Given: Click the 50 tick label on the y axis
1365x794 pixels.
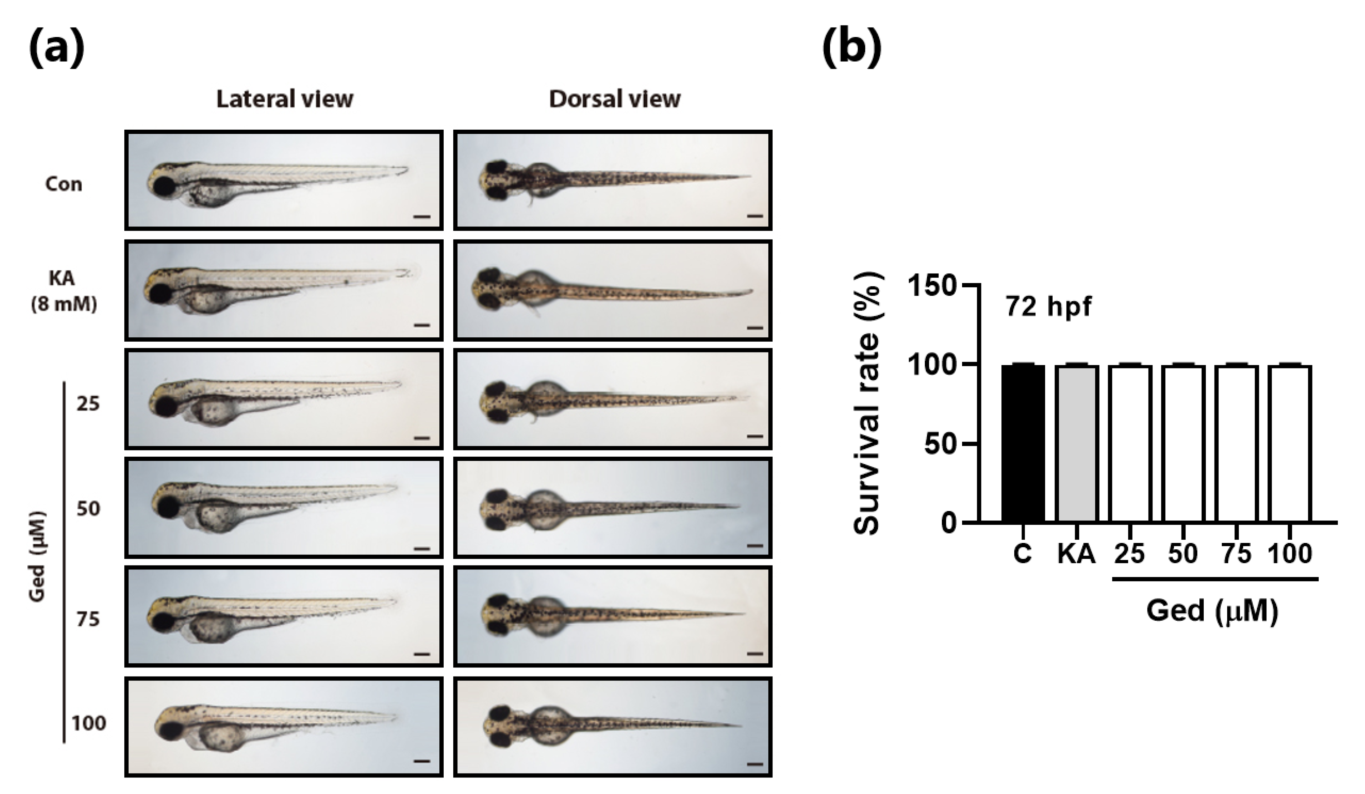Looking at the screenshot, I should pos(942,444).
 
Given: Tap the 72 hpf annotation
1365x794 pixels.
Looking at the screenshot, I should pos(1049,307).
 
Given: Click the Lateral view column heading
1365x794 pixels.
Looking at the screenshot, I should pos(284,99).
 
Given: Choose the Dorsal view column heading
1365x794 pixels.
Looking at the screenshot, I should pos(614,99).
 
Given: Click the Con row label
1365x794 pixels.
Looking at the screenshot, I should pos(64,184).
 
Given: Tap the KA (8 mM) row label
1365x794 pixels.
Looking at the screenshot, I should pos(63,292).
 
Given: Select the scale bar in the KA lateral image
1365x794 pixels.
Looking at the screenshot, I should pos(422,325).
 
